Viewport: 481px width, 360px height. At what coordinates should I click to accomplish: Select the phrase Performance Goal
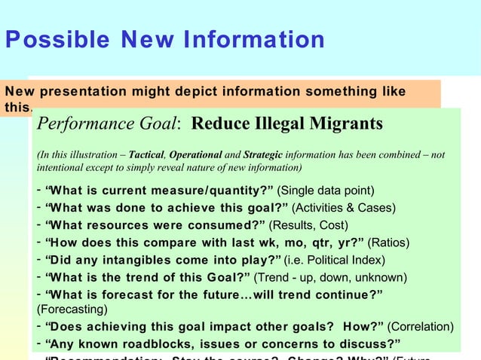(109, 124)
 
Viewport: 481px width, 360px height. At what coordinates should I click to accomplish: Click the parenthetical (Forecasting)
(71, 309)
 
